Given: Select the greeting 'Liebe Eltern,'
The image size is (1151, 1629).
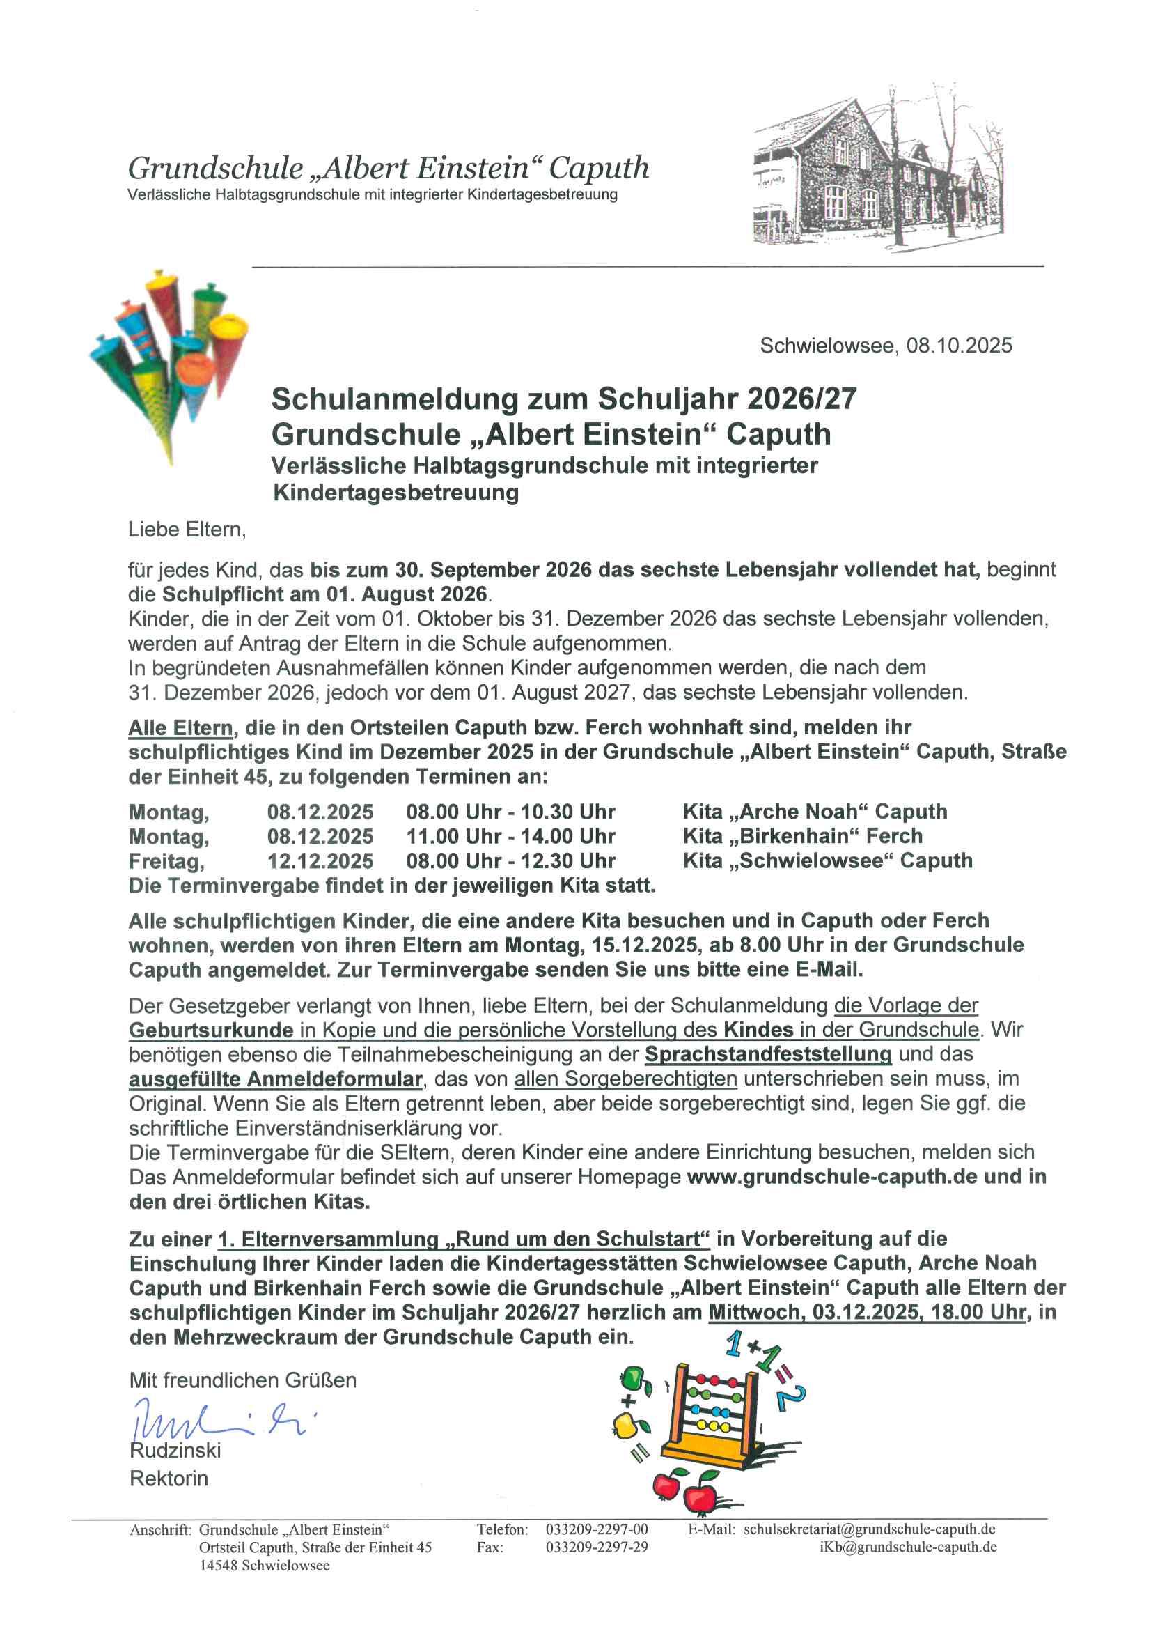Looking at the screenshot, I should point(187,530).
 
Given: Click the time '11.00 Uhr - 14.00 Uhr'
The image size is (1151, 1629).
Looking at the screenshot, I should point(510,836).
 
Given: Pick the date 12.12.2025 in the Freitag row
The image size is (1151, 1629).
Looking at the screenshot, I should point(320,860).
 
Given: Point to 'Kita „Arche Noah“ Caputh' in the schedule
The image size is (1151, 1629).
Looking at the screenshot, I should point(815,811).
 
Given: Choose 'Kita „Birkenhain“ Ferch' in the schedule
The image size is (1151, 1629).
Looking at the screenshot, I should point(803,836).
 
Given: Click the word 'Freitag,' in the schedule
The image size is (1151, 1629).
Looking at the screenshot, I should point(166,861).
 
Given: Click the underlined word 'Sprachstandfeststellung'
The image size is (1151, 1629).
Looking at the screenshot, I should point(767,1054).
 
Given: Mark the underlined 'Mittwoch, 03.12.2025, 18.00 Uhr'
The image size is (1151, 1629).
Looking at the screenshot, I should point(867,1312).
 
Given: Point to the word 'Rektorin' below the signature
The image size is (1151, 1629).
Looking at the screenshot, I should point(169,1479).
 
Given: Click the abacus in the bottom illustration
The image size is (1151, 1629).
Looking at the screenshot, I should point(713,1412).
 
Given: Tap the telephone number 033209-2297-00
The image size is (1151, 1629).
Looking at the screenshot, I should point(597,1529).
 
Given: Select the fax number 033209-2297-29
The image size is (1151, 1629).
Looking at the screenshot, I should point(597,1547).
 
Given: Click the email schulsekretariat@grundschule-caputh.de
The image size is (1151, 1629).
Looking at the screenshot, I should point(869,1529).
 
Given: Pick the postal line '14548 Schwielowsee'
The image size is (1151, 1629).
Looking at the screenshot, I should point(264,1565).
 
